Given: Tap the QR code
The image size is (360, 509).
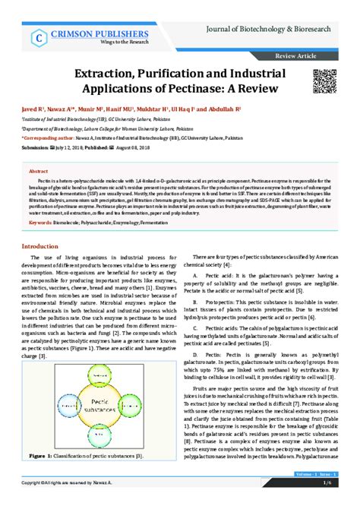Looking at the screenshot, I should [x=325, y=80].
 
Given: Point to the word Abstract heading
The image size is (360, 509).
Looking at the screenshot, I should [x=39, y=172].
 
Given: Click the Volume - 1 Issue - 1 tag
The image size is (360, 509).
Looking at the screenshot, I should [x=314, y=473].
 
